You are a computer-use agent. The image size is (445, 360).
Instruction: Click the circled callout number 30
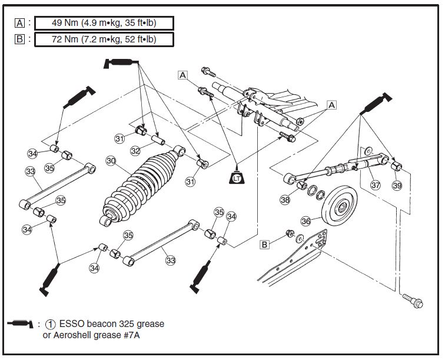[x=111, y=160]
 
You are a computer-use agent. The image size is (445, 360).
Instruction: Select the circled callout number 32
[x=135, y=151]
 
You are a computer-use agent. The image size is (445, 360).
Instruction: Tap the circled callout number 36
[x=305, y=221]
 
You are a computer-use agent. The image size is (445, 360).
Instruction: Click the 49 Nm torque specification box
[x=104, y=23]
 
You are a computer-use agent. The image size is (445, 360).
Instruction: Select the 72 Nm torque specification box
[x=104, y=39]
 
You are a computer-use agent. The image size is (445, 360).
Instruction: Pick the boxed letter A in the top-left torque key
[x=21, y=23]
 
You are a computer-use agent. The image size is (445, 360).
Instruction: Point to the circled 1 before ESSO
[x=52, y=324]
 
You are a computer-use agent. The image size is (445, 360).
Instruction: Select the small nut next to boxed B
[x=289, y=233]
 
